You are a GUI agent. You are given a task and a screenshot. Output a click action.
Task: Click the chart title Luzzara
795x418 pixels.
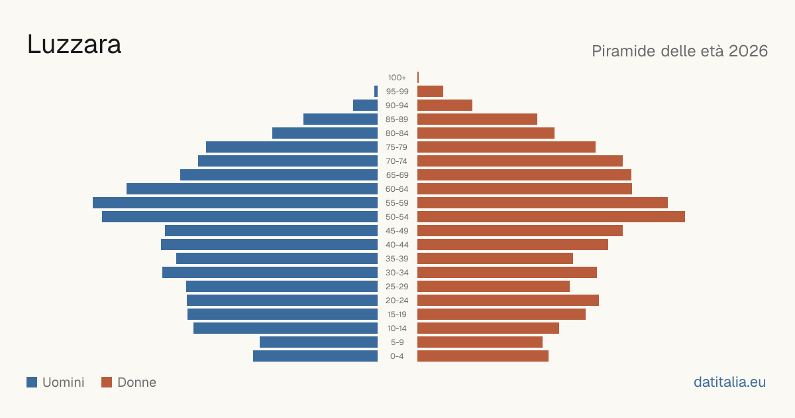pos(74,45)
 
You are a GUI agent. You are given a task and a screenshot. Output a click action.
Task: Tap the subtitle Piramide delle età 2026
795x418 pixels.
pos(680,51)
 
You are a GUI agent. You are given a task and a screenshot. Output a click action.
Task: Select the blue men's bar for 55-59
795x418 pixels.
pos(235,202)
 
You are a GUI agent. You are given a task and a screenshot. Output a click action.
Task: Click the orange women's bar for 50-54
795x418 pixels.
pos(551,217)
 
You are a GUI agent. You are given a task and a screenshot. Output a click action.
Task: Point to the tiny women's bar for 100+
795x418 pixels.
pos(418,77)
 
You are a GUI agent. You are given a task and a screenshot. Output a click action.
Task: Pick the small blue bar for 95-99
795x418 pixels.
pos(376,92)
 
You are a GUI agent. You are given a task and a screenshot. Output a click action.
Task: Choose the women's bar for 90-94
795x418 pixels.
pos(445,105)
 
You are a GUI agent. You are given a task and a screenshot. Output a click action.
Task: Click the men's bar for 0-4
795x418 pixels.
pos(315,356)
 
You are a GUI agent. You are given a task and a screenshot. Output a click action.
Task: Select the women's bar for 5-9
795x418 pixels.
pos(480,342)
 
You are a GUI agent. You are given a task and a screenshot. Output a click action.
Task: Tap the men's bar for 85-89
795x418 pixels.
pos(341,119)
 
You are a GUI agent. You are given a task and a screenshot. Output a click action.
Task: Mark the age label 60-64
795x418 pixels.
pos(397,189)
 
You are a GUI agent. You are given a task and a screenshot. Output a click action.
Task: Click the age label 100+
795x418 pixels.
pos(397,78)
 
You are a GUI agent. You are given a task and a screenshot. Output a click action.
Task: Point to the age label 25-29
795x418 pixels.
pos(397,287)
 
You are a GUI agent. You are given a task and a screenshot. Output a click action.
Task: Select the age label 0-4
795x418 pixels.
pos(397,356)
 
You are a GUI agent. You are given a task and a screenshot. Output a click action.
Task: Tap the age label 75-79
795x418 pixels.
pos(397,147)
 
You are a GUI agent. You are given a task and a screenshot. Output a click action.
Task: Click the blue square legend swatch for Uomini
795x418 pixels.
pos(32,382)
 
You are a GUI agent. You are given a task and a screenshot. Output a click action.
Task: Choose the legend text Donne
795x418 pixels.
pos(136,382)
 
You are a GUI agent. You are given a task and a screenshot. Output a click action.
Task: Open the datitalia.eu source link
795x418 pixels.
pos(729,382)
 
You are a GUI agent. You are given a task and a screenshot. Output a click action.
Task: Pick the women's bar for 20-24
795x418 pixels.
pos(508,301)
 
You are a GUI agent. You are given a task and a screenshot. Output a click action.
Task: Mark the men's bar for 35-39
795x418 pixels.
pos(277,258)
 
